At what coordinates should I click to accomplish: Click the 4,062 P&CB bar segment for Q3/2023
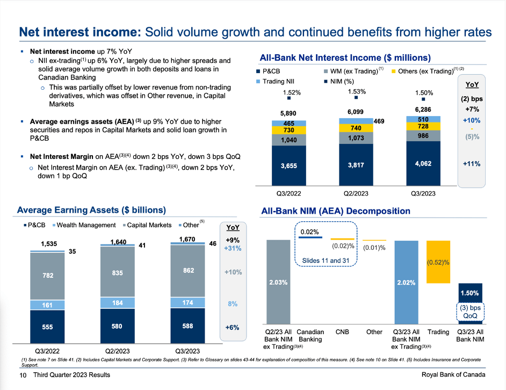coord(423,163)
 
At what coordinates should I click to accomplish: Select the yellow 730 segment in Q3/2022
coord(288,130)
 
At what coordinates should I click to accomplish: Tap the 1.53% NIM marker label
coord(356,92)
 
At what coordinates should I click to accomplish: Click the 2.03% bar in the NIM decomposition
coord(278,281)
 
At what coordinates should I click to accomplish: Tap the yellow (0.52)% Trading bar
coord(438,262)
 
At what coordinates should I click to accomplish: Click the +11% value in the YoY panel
coord(472,163)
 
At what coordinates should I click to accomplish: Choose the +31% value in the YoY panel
coord(233,249)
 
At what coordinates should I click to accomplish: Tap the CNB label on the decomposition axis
coord(342,332)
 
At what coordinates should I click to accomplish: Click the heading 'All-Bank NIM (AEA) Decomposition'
coord(336,211)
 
